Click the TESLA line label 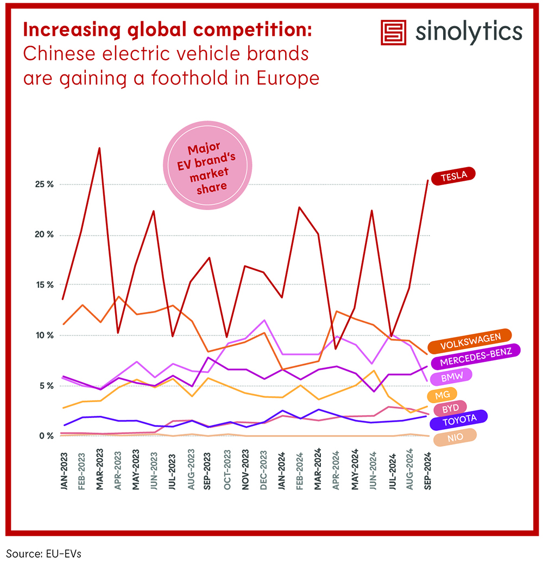(453, 175)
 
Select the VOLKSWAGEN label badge (470, 345)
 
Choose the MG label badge (441, 395)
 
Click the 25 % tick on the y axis (45, 185)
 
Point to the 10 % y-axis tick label (45, 335)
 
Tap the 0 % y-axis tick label (47, 436)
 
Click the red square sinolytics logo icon (393, 33)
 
